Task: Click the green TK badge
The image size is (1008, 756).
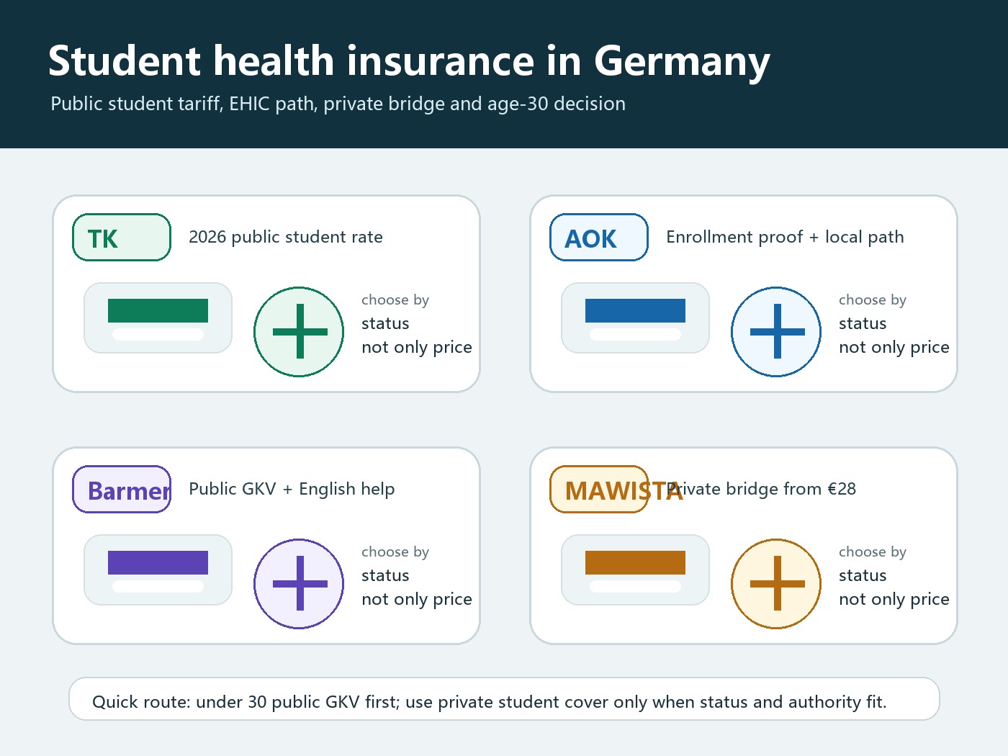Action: click(122, 238)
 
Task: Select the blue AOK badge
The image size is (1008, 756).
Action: click(599, 238)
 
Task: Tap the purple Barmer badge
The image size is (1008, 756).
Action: click(122, 490)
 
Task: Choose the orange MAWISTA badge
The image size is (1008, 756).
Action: click(599, 490)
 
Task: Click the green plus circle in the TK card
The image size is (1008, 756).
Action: click(299, 332)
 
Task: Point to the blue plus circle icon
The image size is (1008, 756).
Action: click(776, 332)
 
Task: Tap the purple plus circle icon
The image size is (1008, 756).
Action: click(299, 584)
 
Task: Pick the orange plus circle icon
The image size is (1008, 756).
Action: click(776, 584)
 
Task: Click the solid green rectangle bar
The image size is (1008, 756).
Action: click(158, 311)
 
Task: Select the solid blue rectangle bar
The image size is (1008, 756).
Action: click(635, 311)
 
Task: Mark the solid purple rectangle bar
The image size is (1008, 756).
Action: click(158, 563)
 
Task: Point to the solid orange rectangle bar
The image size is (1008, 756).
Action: click(635, 563)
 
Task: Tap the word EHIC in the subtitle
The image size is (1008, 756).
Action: click(249, 104)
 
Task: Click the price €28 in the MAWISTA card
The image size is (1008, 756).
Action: click(842, 489)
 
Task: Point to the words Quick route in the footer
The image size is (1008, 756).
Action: click(141, 702)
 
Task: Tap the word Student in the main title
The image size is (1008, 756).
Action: click(125, 60)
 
